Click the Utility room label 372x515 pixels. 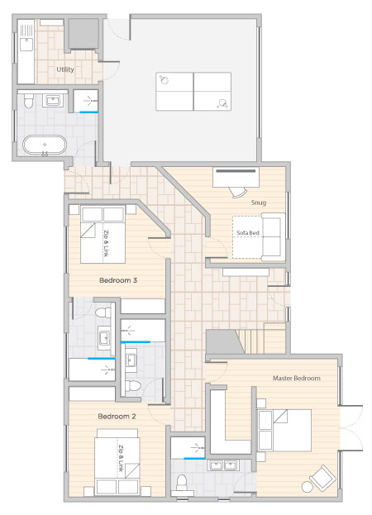pos(65,69)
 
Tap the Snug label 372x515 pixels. pos(259,203)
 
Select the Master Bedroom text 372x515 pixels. pos(297,378)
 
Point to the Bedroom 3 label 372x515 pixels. pos(118,280)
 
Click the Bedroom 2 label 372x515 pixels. pos(117,416)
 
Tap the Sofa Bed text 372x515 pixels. pos(248,233)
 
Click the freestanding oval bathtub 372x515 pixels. pos(45,145)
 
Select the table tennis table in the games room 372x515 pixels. pos(193,91)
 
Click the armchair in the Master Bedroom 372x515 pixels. pos(322,477)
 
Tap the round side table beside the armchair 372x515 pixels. pos(308,486)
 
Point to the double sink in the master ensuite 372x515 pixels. pos(223,465)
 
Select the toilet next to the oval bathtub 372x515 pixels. pos(29,101)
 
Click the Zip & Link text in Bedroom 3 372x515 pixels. pos(106,243)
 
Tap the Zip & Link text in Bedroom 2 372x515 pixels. pos(121,458)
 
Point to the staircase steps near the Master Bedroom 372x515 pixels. pos(250,341)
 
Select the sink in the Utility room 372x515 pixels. pos(26,44)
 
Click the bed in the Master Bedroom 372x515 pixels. pos(284,430)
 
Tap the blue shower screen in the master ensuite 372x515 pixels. pos(194,458)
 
